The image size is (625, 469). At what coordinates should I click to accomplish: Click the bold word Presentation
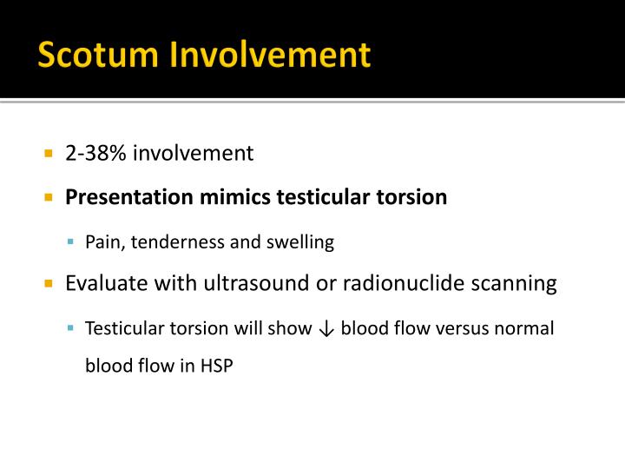coord(125,197)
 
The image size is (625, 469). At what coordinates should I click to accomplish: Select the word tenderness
coord(174,242)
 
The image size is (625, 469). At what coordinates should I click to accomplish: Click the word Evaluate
coord(102,284)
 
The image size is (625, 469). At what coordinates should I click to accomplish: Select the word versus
coord(467,329)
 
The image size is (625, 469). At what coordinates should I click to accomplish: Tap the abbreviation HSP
coord(216,366)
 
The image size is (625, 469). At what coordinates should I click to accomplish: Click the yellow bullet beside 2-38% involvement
coord(49,155)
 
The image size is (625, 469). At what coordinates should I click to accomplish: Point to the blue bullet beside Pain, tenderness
coord(71,243)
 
